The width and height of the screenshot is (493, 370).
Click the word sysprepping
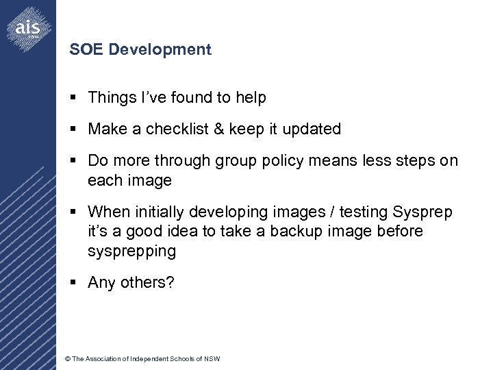131,251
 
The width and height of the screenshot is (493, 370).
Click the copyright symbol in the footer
66,359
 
